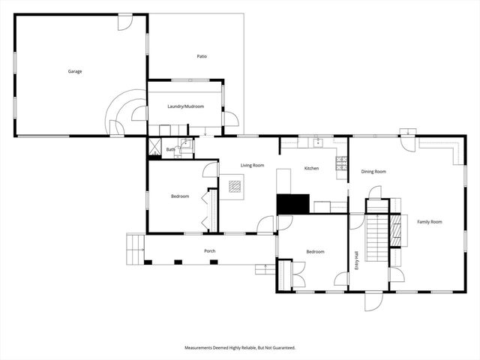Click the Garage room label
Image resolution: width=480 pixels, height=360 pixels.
click(x=74, y=71)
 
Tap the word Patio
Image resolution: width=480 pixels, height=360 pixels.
click(x=202, y=56)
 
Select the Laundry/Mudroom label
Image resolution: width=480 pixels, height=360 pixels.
click(x=185, y=106)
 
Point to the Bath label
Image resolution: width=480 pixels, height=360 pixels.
click(x=170, y=150)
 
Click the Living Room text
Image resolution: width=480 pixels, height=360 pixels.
click(x=252, y=165)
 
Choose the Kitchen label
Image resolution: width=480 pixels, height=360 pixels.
click(x=311, y=168)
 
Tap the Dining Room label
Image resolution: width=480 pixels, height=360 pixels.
click(x=373, y=172)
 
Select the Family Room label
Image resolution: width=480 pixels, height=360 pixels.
click(x=430, y=221)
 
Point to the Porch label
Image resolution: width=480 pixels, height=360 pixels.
click(x=210, y=251)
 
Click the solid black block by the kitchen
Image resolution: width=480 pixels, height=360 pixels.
click(x=293, y=203)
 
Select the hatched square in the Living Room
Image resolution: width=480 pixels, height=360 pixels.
click(x=232, y=184)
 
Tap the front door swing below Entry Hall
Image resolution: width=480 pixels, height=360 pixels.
click(x=373, y=301)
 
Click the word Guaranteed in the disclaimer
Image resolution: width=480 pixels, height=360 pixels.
click(x=282, y=348)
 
